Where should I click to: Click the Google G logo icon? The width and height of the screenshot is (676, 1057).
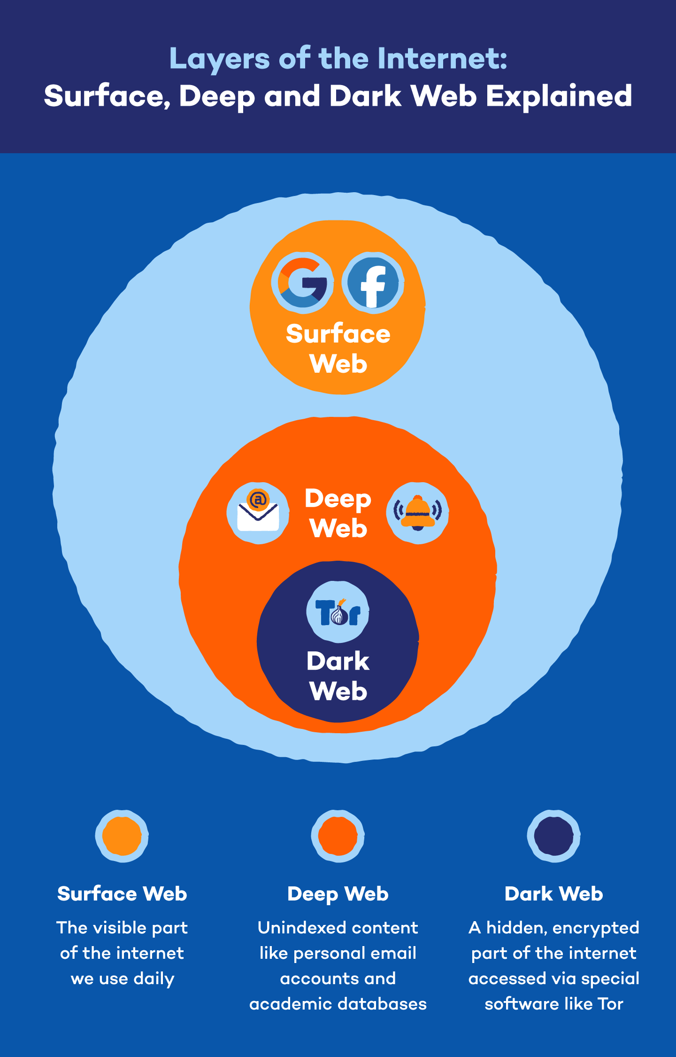click(x=302, y=282)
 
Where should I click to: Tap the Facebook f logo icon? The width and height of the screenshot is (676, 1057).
click(x=373, y=282)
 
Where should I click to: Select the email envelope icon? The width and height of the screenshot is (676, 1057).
click(x=258, y=513)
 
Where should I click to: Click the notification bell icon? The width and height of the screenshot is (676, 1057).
click(x=417, y=513)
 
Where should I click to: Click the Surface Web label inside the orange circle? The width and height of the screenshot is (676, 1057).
click(x=338, y=348)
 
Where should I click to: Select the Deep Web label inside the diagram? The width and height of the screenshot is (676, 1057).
click(x=338, y=513)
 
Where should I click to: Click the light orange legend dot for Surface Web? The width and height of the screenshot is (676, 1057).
click(x=122, y=836)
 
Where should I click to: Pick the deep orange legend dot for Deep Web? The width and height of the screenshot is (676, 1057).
click(x=338, y=836)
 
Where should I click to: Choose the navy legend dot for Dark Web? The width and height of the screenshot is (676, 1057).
click(x=554, y=836)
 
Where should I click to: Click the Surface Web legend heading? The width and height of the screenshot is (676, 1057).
click(x=122, y=893)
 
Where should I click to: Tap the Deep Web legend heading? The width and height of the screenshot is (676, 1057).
click(x=338, y=893)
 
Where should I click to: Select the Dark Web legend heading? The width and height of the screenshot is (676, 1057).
click(x=554, y=893)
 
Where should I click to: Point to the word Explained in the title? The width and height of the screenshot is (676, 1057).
click(x=559, y=96)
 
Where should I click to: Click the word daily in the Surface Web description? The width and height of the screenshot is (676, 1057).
click(x=154, y=979)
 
